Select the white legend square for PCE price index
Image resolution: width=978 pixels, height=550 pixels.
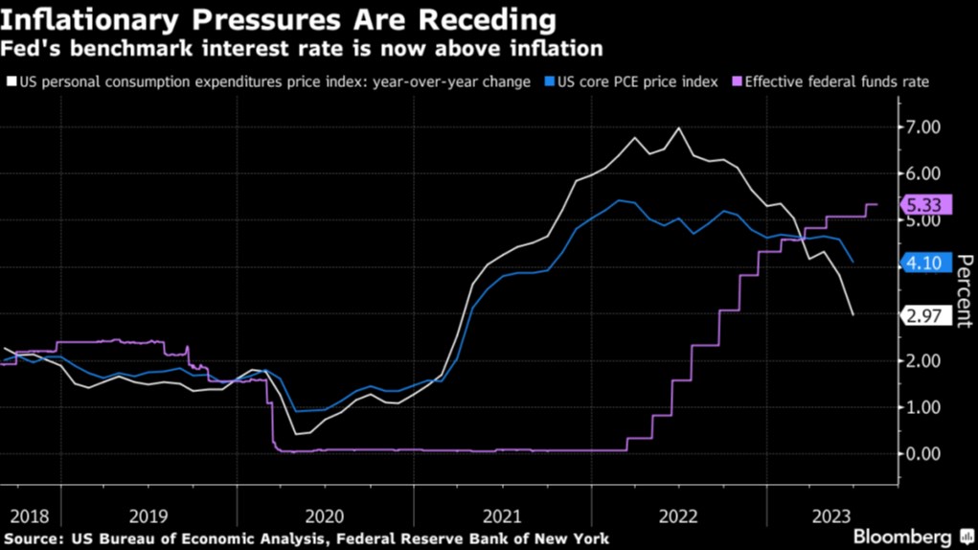11,82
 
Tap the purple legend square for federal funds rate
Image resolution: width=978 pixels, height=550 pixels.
738,82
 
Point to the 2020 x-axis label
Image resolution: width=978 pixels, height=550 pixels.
324,515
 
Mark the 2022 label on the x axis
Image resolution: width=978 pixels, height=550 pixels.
678,515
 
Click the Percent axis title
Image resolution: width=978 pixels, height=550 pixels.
965,291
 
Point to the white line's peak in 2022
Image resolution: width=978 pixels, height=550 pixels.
679,127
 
